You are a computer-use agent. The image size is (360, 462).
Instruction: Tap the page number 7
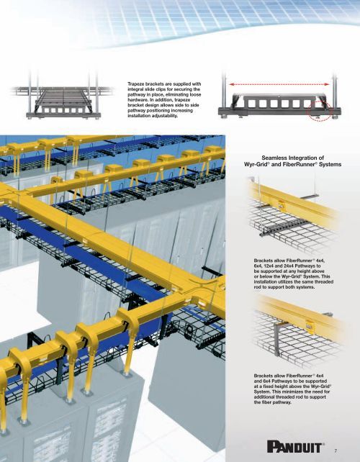[336, 450]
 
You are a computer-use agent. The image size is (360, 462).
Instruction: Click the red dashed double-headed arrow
[279, 84]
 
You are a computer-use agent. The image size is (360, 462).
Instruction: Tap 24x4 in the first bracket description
[289, 266]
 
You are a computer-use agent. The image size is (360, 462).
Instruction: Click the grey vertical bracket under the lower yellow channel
[278, 340]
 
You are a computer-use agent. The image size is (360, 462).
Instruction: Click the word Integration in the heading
[306, 158]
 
